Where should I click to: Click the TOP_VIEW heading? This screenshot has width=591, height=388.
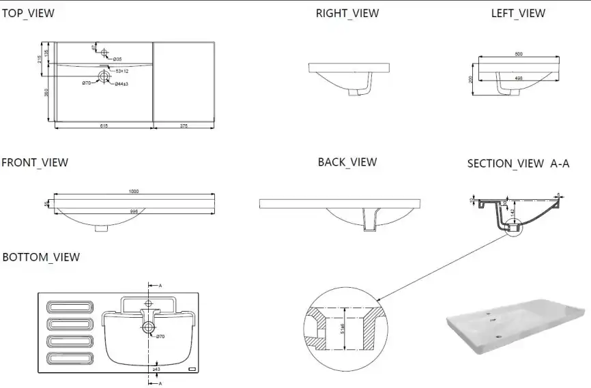(x=28, y=13)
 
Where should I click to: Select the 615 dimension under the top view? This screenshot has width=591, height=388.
(x=104, y=125)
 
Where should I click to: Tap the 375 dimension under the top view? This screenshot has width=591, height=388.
(x=184, y=125)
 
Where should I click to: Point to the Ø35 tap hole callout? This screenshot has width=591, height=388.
(x=117, y=60)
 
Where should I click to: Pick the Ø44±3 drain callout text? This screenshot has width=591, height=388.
(x=121, y=84)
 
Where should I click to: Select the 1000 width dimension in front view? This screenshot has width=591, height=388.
(x=133, y=191)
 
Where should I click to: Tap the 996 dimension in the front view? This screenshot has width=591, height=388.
(x=134, y=211)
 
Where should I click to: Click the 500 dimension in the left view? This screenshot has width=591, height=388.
(x=518, y=54)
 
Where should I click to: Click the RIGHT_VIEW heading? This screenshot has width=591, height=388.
(x=347, y=13)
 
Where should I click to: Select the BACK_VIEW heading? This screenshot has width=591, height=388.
(x=347, y=162)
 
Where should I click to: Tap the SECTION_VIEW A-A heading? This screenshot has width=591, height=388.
(x=518, y=164)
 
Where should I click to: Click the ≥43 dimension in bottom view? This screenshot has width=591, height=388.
(x=156, y=369)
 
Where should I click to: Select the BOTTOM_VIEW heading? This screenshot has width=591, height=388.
(x=41, y=257)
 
